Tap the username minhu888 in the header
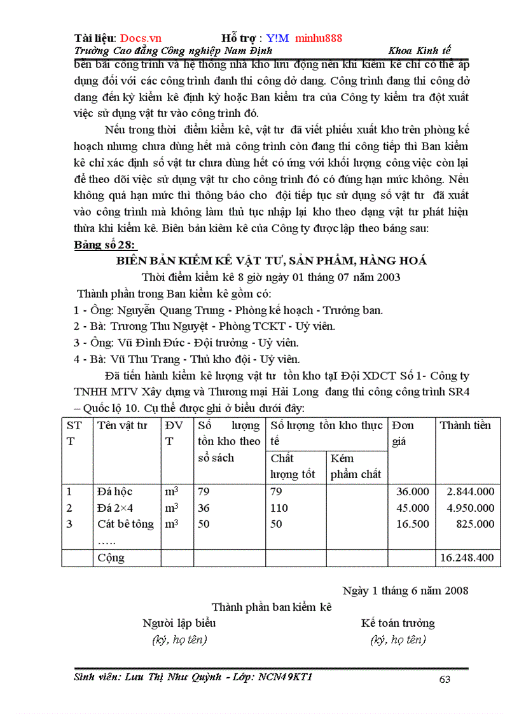[x=319, y=38]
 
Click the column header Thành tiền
[x=466, y=425]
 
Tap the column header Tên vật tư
[x=123, y=425]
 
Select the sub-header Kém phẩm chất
[x=356, y=466]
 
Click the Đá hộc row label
[x=115, y=491]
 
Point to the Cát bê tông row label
[x=126, y=524]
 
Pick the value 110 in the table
[x=279, y=508]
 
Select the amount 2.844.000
[x=470, y=491]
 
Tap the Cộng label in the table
[x=111, y=558]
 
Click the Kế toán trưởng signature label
[x=398, y=623]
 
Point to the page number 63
[x=445, y=680]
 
